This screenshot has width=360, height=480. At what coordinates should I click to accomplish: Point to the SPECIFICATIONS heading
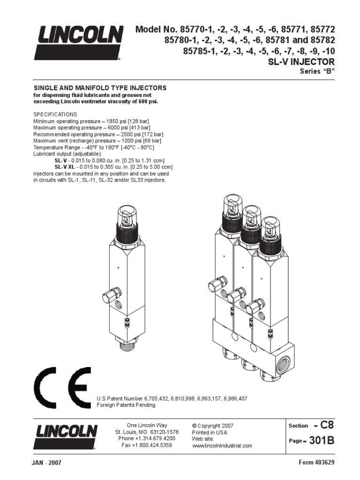click(x=55, y=114)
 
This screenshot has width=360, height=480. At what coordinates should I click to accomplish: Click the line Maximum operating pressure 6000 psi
click(x=91, y=127)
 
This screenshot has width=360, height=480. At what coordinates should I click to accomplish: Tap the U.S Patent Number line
click(x=172, y=398)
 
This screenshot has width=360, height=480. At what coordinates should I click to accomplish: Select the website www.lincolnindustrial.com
click(x=222, y=446)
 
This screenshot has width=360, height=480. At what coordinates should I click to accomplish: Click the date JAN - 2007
click(x=47, y=463)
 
